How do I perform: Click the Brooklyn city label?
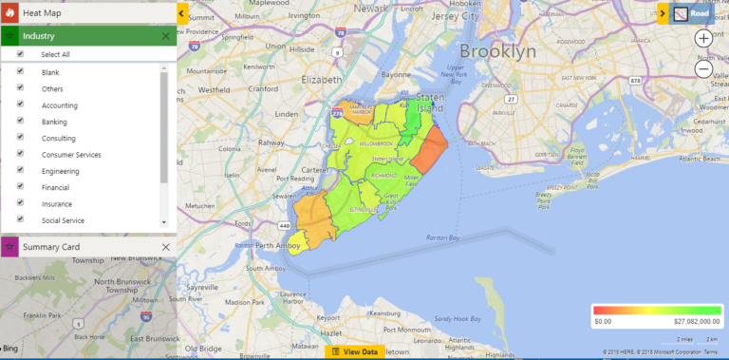497,51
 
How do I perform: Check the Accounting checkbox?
20,104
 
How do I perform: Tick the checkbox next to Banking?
20,122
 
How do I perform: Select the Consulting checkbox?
20,138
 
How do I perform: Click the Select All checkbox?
20,54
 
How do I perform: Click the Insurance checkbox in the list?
20,203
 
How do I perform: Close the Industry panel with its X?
166,36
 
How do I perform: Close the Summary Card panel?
166,247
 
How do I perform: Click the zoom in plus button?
703,38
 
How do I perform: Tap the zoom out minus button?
703,68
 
